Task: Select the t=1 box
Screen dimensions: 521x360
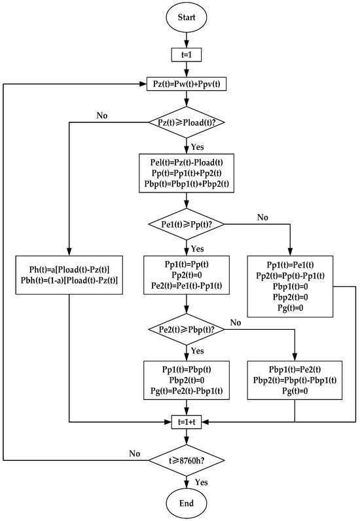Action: [187, 57]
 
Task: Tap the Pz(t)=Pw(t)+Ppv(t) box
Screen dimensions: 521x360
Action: [187, 84]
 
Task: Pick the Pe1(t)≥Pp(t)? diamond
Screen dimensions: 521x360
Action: [187, 226]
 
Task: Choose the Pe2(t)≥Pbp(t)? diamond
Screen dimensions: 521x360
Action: [187, 328]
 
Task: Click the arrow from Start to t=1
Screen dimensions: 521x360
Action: [187, 43]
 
